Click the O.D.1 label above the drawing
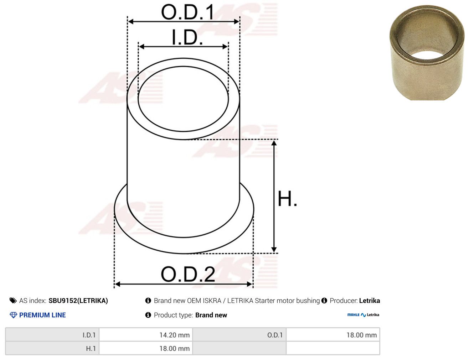coord(187,12)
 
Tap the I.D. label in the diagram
coord(187,37)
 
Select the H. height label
coord(287,198)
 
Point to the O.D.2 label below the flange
coord(188,274)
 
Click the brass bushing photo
coord(427,53)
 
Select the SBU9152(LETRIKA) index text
coord(78,301)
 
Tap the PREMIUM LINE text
coord(42,315)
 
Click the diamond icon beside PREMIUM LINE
coord(14,315)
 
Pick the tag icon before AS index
coord(13,301)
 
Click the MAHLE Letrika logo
coord(363,315)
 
